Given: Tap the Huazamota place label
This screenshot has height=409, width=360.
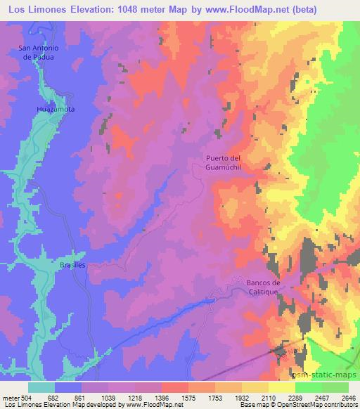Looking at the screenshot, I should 54,110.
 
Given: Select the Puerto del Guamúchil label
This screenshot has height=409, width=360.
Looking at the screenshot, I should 224,163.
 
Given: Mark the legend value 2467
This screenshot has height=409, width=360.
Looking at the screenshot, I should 320,397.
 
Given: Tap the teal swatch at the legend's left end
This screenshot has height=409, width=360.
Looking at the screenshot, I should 41,387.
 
